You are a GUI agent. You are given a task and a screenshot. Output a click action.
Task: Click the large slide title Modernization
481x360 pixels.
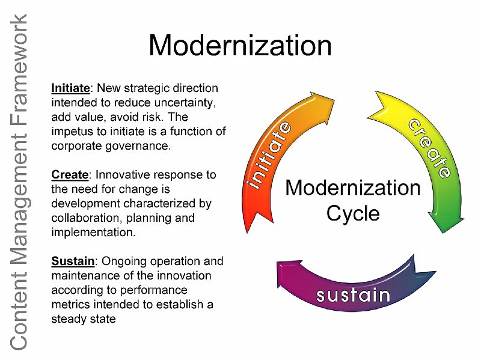coord(240,46)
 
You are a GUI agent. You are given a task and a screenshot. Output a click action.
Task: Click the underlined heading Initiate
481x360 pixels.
coord(70,88)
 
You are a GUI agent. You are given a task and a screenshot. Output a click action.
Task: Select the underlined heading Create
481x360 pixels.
coord(70,175)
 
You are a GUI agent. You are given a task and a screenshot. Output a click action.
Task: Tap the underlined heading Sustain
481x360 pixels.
coord(73,261)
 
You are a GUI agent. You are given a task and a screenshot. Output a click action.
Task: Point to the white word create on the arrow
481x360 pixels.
coord(430,148)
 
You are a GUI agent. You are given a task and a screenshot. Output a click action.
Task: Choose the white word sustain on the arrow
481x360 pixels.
coord(354,295)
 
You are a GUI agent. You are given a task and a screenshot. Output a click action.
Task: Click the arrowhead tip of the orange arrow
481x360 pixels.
coord(334,100)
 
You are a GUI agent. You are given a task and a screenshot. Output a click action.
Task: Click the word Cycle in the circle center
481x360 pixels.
coord(353,214)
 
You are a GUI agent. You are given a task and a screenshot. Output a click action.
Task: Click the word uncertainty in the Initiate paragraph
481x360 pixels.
coord(185,103)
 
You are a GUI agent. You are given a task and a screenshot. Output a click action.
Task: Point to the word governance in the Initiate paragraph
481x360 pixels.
coord(138,146)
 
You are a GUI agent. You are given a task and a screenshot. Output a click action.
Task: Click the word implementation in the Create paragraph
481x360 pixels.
coord(93,233)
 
